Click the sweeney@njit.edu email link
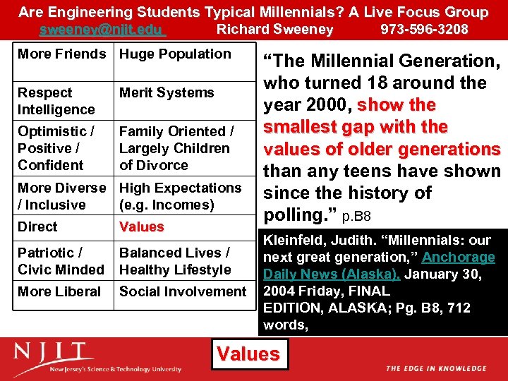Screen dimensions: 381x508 click(x=102, y=29)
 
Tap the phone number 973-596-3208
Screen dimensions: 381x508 click(x=424, y=29)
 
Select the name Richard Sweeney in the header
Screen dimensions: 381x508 click(x=274, y=29)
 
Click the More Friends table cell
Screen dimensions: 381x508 click(x=61, y=54)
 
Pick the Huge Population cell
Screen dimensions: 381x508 click(x=175, y=54)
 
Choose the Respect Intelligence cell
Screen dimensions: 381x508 click(x=56, y=101)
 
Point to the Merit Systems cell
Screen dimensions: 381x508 click(x=167, y=92)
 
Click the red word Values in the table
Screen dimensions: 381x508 click(x=141, y=227)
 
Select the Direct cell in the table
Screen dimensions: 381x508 click(x=37, y=226)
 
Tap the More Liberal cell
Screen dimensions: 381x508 click(x=59, y=291)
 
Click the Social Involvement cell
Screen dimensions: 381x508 click(x=183, y=291)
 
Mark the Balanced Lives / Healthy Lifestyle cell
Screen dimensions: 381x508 click(x=175, y=261)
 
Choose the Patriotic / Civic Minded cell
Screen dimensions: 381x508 click(x=61, y=261)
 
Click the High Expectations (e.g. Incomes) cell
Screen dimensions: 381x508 click(x=180, y=196)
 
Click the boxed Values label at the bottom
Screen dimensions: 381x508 click(x=248, y=353)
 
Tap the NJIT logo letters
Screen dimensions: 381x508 click(x=53, y=352)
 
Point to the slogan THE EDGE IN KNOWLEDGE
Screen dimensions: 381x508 click(x=435, y=368)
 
